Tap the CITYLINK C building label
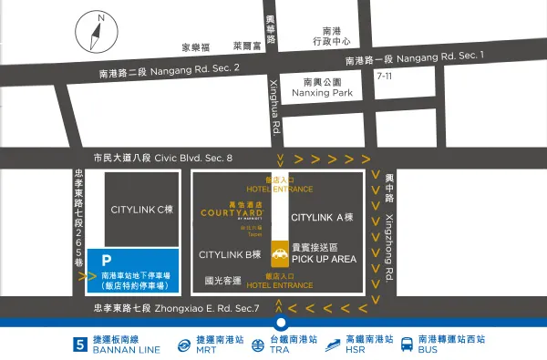(141, 210)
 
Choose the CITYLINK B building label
(230, 253)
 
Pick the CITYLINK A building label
(321, 218)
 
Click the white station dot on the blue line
(281, 323)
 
